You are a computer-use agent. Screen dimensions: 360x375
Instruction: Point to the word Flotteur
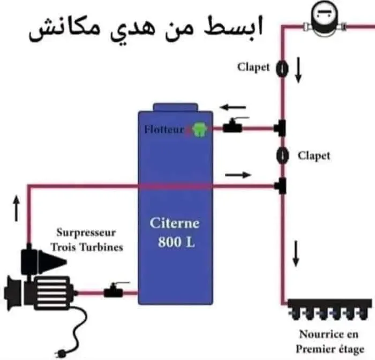click(x=164, y=129)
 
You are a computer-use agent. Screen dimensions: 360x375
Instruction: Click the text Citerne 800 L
click(x=174, y=232)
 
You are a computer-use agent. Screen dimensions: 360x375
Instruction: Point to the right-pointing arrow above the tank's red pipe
click(x=237, y=175)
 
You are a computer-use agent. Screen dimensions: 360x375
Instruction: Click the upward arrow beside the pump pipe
click(x=16, y=208)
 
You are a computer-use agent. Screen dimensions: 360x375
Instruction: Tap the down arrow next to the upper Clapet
click(x=299, y=70)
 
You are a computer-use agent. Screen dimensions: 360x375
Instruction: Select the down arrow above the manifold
click(x=295, y=253)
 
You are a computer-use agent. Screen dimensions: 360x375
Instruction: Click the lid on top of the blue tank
click(x=175, y=107)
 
